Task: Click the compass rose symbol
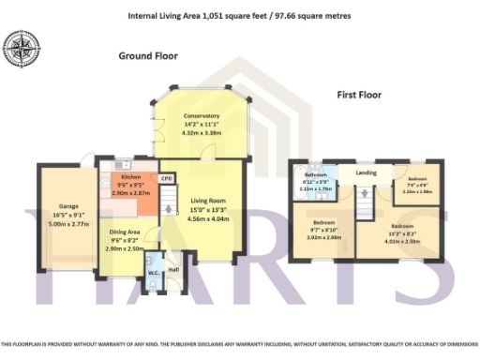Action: [x=19, y=48]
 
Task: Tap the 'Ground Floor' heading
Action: [x=148, y=56]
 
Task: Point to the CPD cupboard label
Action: [x=167, y=177]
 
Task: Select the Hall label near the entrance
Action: [x=173, y=270]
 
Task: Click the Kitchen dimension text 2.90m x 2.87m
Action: [x=131, y=190]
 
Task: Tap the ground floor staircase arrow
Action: [x=169, y=201]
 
